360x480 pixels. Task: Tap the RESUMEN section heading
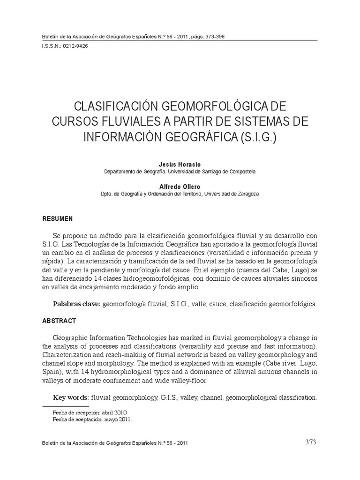(58, 219)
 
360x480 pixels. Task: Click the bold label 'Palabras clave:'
(77, 304)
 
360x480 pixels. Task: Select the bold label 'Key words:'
(71, 397)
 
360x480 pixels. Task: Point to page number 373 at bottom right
(310, 442)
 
